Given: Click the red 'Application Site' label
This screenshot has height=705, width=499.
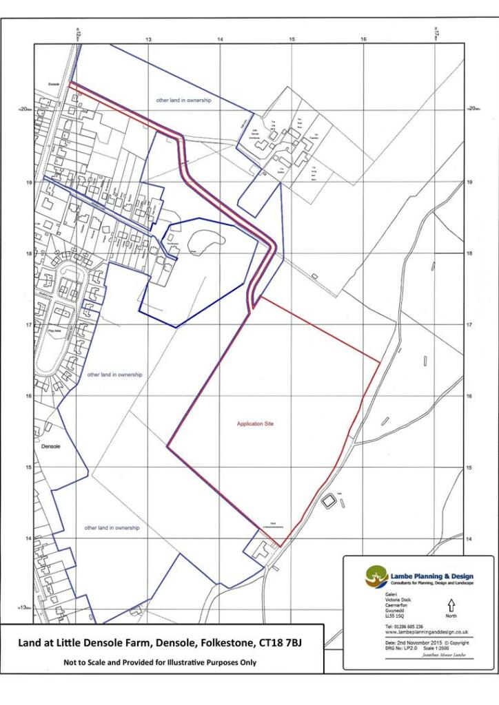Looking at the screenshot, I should coord(255,424).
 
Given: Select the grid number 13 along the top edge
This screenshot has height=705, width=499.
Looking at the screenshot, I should coord(148,41).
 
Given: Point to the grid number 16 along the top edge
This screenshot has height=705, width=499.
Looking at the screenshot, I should coord(363,41).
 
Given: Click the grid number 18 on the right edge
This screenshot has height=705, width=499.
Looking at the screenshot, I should coord(469,253).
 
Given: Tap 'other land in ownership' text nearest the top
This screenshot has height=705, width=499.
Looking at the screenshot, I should coord(183,101).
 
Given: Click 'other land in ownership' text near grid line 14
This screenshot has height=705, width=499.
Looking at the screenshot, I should coord(112,528).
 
